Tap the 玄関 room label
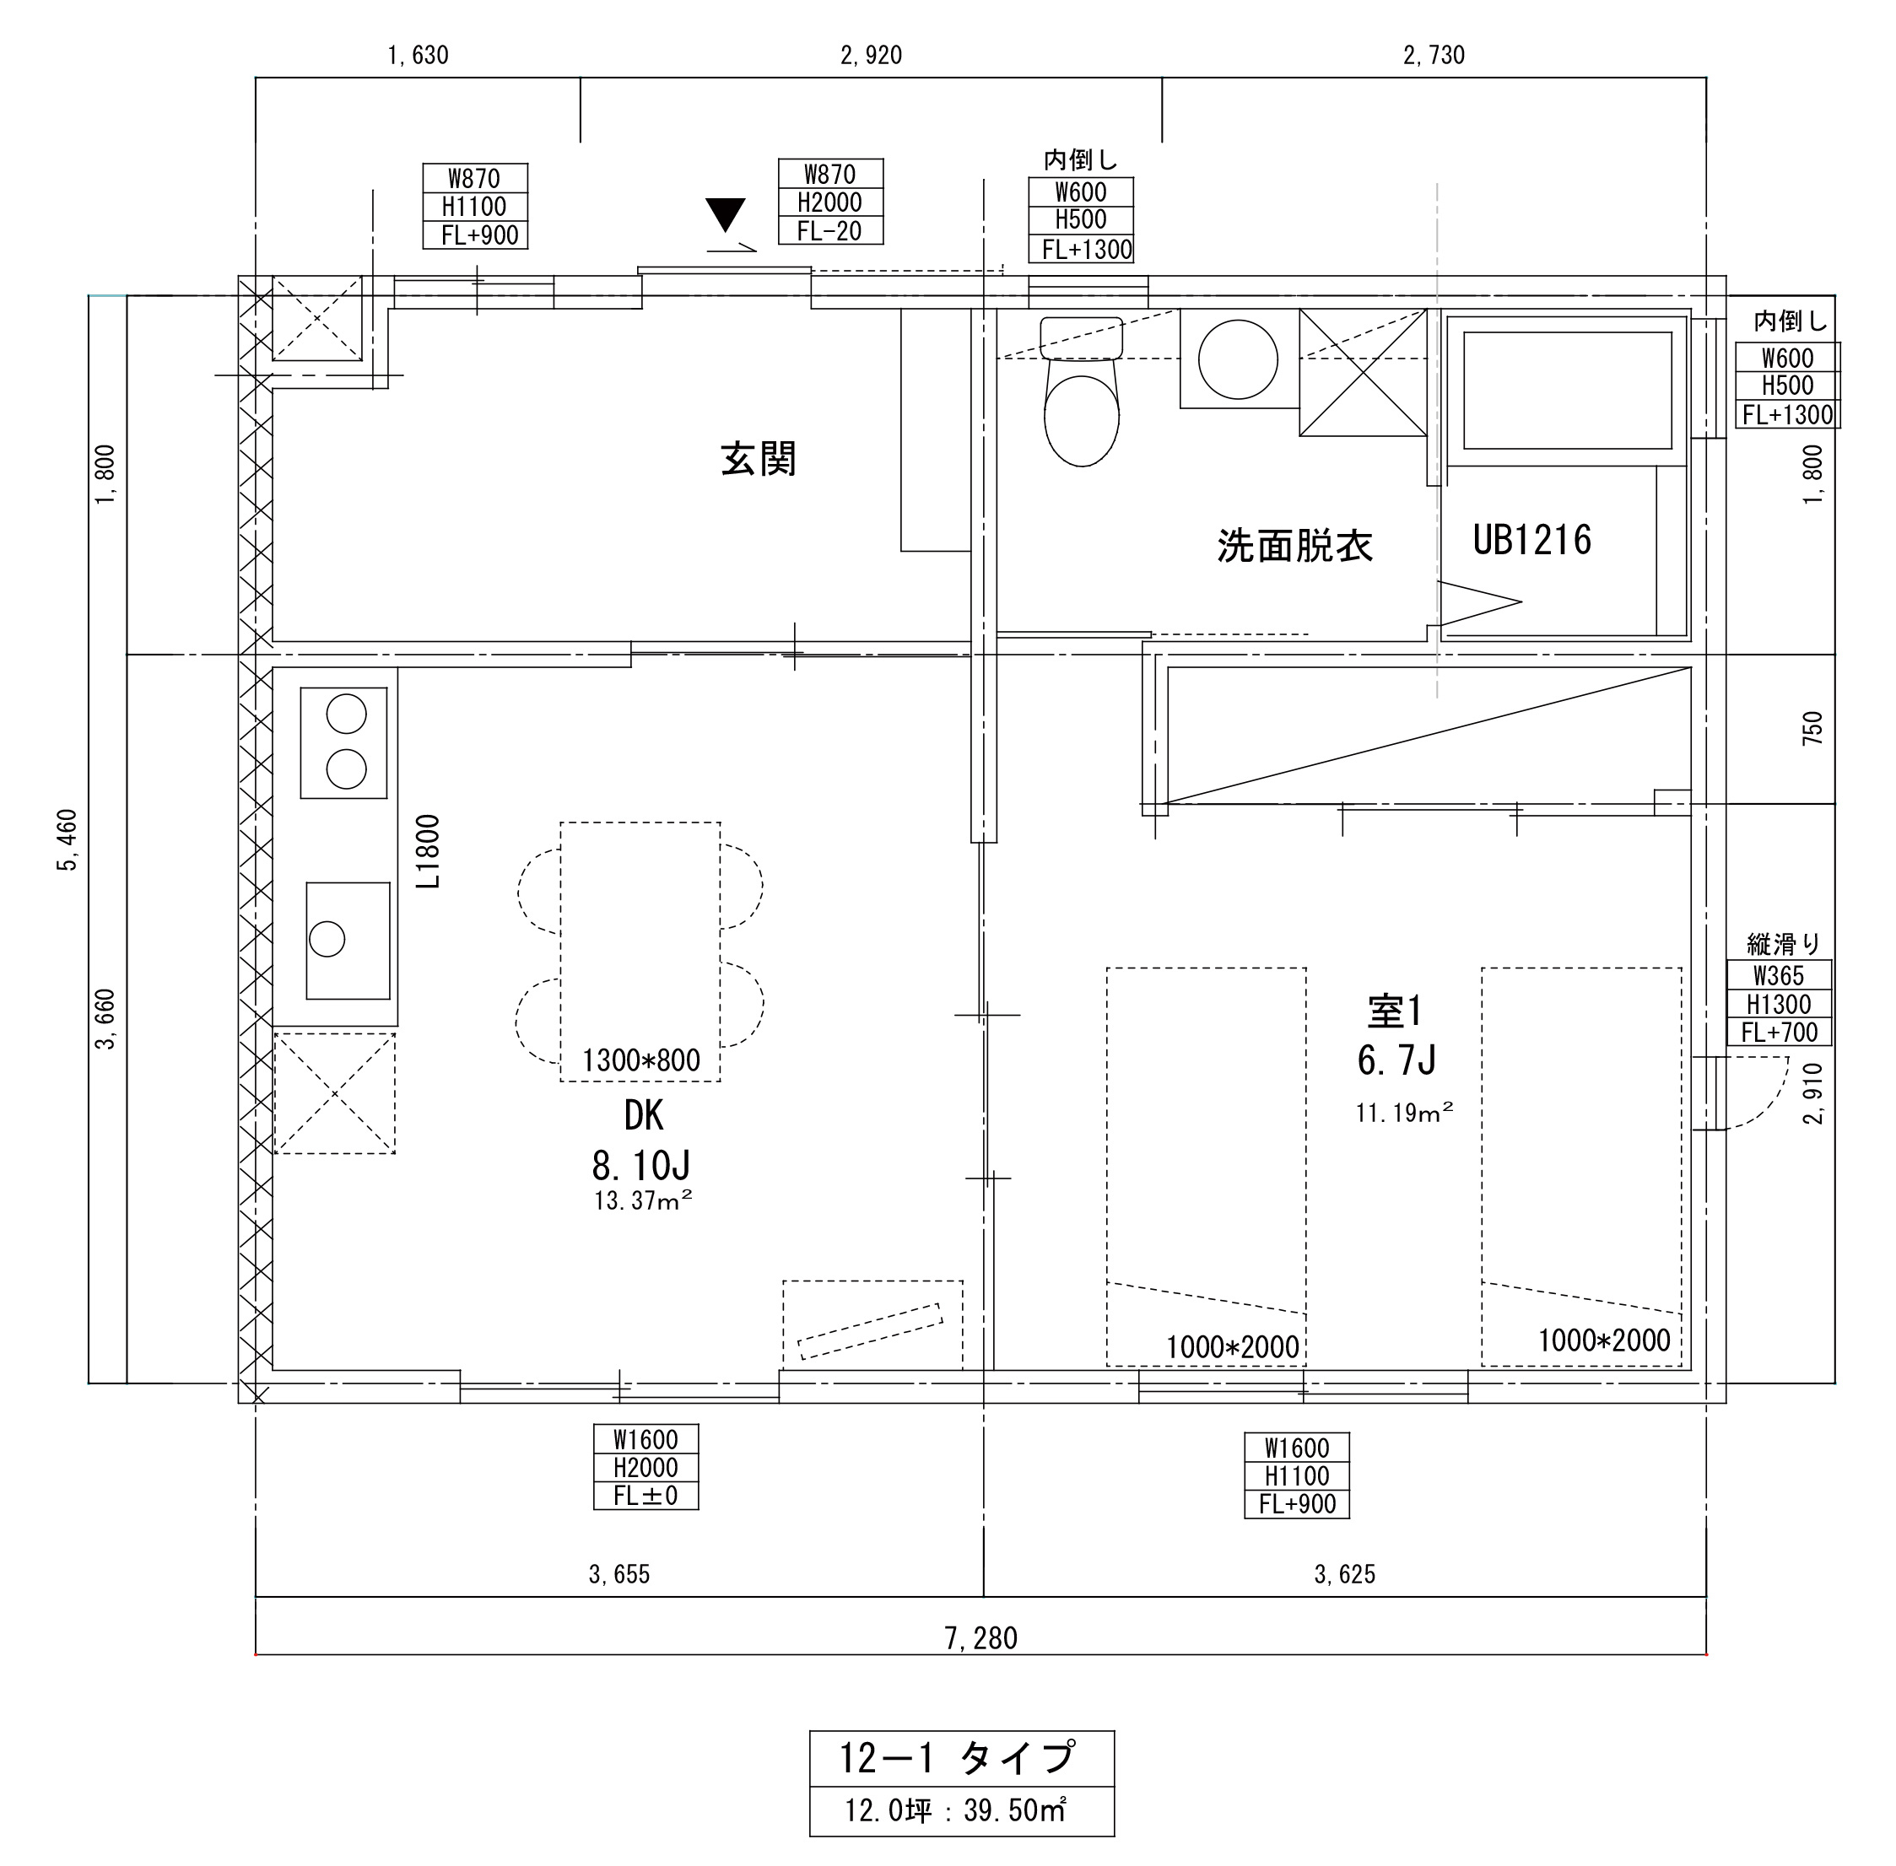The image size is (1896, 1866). tap(758, 459)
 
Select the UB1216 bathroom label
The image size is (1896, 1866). tap(1531, 540)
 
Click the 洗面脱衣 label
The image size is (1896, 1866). tap(1294, 546)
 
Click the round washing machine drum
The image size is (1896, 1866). tap(1238, 359)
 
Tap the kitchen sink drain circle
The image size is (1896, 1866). tap(327, 939)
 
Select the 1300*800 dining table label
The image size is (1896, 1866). tap(641, 1060)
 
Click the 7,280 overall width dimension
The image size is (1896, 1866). tap(980, 1637)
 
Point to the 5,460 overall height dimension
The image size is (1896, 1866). tap(67, 839)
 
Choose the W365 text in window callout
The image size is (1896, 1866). tap(1779, 975)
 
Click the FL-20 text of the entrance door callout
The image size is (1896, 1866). tap(829, 231)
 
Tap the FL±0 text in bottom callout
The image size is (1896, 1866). tap(645, 1496)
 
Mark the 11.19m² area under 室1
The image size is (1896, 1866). tap(1404, 1113)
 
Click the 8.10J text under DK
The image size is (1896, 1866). tap(641, 1165)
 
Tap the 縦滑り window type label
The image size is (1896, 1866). tap(1783, 944)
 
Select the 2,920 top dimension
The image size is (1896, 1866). tap(871, 56)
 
